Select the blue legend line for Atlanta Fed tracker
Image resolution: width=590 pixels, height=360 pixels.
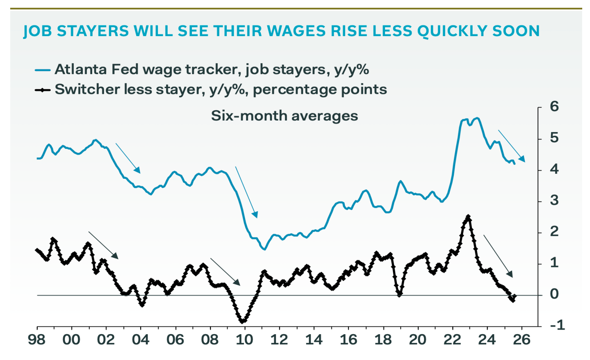(43, 70)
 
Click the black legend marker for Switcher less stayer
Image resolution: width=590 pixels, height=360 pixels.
(43, 90)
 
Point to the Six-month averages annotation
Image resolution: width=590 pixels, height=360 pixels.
(285, 116)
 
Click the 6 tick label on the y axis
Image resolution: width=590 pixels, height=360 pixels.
(554, 107)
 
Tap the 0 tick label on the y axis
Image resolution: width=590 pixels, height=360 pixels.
(554, 294)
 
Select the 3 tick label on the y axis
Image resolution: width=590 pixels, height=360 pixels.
(554, 201)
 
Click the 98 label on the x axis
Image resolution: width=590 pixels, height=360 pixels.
(37, 339)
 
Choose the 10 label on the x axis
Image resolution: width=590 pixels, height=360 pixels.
(244, 339)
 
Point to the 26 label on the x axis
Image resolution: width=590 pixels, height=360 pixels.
(522, 339)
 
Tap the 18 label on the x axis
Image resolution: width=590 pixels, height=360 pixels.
(383, 339)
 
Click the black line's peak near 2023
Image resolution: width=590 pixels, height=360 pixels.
(468, 216)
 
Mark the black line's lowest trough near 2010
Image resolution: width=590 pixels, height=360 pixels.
(242, 321)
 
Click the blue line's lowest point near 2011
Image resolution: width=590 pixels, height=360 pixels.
(264, 249)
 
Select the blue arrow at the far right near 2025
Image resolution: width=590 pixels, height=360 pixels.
(511, 146)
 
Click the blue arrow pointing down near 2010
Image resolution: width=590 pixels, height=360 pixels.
(246, 192)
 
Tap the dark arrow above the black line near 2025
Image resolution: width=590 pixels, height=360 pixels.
(498, 256)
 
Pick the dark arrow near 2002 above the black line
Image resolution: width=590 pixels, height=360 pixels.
(103, 245)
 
